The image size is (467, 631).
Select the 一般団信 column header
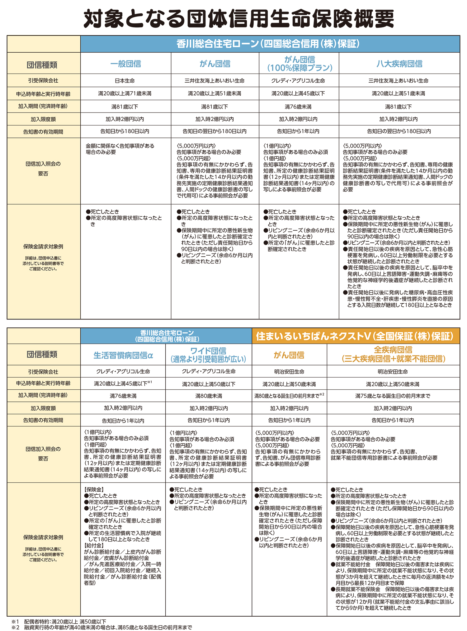(x=125, y=64)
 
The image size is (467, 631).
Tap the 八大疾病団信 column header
(x=399, y=64)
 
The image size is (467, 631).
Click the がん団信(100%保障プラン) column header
(x=299, y=64)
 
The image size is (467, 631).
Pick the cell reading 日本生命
(x=125, y=81)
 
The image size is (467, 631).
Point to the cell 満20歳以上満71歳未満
(x=125, y=94)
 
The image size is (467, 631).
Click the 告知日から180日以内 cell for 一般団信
(x=125, y=131)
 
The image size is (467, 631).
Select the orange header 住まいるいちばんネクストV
(x=355, y=336)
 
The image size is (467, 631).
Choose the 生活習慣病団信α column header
(x=123, y=355)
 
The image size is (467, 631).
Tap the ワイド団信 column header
(x=208, y=355)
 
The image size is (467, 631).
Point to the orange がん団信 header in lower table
(x=289, y=355)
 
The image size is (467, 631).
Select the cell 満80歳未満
(x=209, y=396)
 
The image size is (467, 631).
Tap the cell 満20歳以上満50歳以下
(x=209, y=384)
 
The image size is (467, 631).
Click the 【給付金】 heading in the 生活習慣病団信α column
(x=94, y=545)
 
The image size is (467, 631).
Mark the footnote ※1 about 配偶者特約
(x=59, y=621)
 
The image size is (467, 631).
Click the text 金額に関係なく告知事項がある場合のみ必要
(x=120, y=149)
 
